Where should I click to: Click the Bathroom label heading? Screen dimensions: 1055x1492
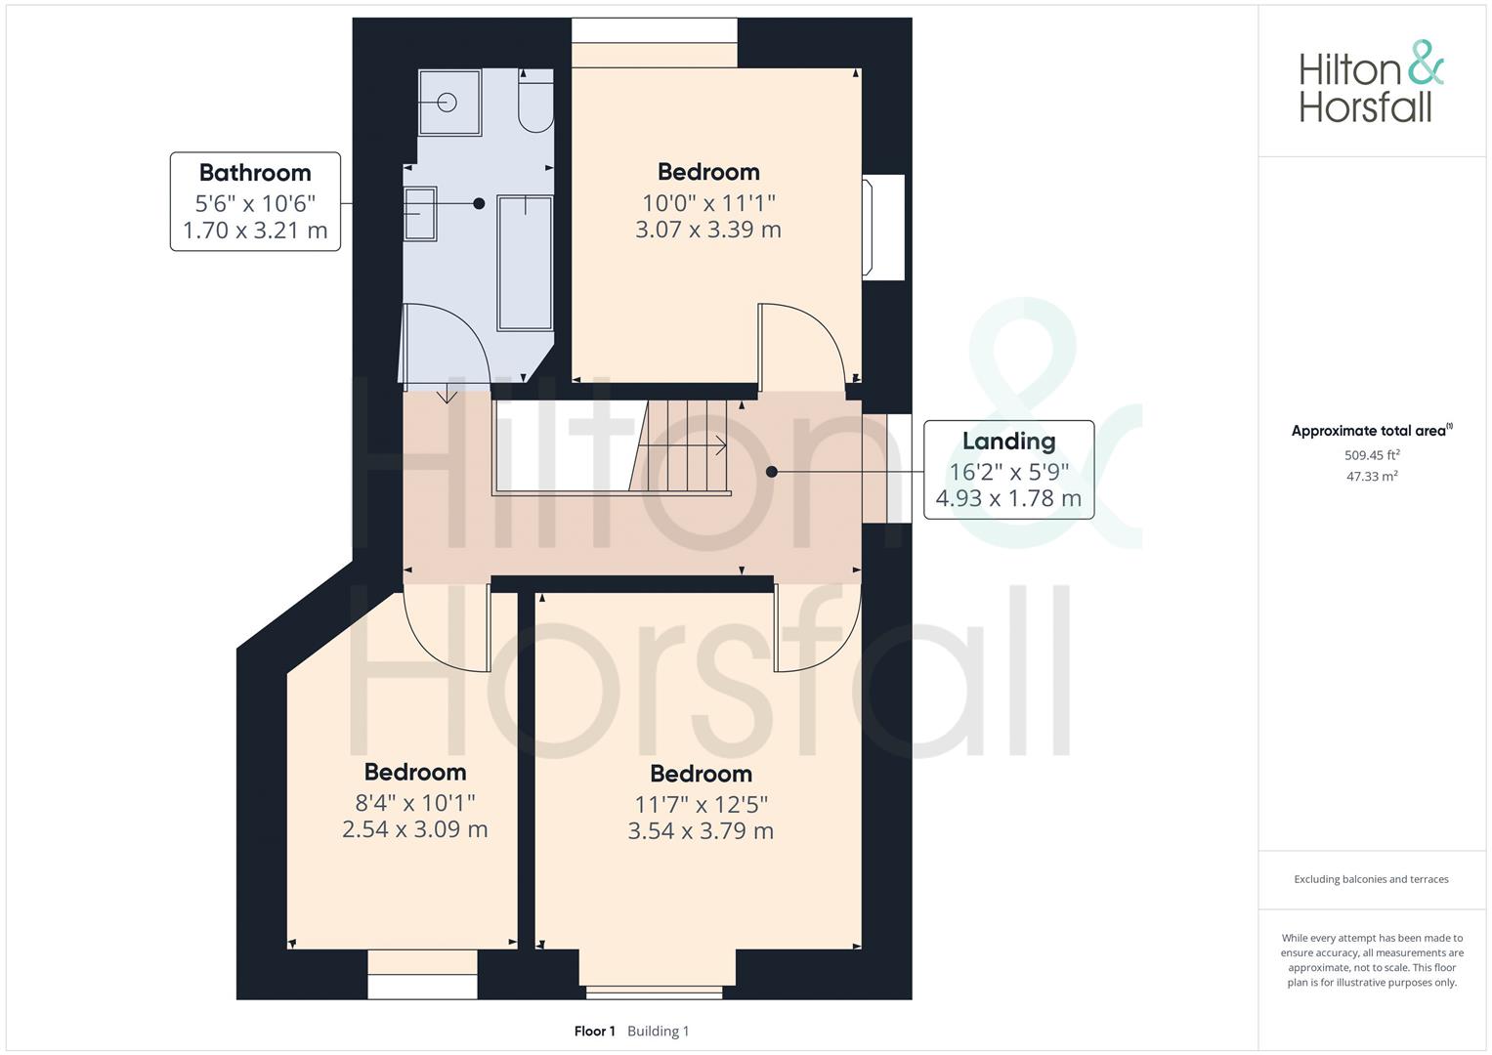(x=255, y=173)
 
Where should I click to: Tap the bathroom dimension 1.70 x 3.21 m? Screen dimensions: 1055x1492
(x=255, y=232)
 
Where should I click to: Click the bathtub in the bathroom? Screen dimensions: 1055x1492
(x=525, y=262)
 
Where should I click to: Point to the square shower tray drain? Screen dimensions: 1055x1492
(x=448, y=102)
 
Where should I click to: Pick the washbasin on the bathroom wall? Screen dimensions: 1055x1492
(x=420, y=214)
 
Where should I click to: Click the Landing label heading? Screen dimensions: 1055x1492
(x=1008, y=442)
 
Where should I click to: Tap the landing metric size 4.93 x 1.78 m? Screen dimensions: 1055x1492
(x=1008, y=499)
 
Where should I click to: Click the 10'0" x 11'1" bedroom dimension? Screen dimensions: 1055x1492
(x=708, y=203)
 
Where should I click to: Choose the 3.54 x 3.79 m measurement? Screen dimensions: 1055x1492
(x=701, y=831)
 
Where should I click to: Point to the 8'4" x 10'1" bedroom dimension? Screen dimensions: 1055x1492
(x=415, y=803)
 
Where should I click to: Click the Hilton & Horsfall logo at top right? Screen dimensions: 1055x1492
(x=1370, y=82)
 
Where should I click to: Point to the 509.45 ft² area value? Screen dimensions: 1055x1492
(x=1372, y=455)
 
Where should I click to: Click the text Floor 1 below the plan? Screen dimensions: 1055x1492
(x=594, y=1032)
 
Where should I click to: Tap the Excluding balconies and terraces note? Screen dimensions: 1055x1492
(x=1371, y=879)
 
